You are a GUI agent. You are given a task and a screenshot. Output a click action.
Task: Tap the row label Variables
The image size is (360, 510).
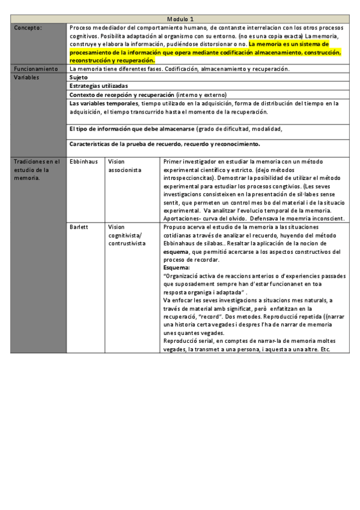pos(28,78)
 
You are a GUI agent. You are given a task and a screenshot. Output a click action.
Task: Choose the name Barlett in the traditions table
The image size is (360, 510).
pos(79,227)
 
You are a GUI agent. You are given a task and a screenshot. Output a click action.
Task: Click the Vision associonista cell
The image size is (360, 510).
pos(125,166)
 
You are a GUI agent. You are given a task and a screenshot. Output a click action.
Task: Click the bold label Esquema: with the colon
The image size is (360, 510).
pos(177,267)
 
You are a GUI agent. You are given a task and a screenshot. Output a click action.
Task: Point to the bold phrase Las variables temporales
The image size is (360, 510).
pos(104,103)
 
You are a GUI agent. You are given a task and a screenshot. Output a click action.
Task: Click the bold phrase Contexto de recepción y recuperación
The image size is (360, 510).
pos(122,95)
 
